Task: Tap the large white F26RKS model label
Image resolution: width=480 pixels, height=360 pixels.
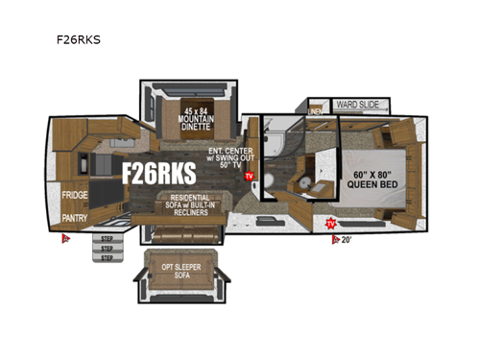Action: tap(157, 172)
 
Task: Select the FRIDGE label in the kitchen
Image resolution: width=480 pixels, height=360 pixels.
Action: tap(75, 195)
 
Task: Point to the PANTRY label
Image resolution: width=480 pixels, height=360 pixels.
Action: tap(75, 217)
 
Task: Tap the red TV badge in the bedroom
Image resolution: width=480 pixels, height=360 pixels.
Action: tap(332, 224)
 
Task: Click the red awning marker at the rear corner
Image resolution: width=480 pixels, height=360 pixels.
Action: tap(65, 240)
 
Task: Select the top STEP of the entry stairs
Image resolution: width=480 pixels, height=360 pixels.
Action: tap(105, 238)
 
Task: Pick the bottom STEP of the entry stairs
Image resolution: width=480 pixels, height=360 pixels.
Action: tap(105, 257)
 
